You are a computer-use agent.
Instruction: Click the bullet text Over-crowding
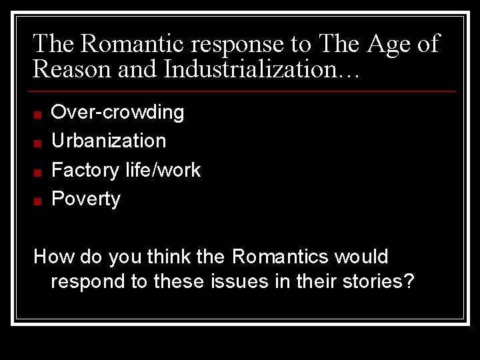(117, 112)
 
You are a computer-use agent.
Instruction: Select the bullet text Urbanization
(109, 141)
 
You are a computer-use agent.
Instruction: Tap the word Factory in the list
(85, 171)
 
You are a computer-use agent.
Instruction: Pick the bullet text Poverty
(86, 199)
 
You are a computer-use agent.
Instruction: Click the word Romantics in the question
(280, 257)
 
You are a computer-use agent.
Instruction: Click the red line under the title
(243, 91)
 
